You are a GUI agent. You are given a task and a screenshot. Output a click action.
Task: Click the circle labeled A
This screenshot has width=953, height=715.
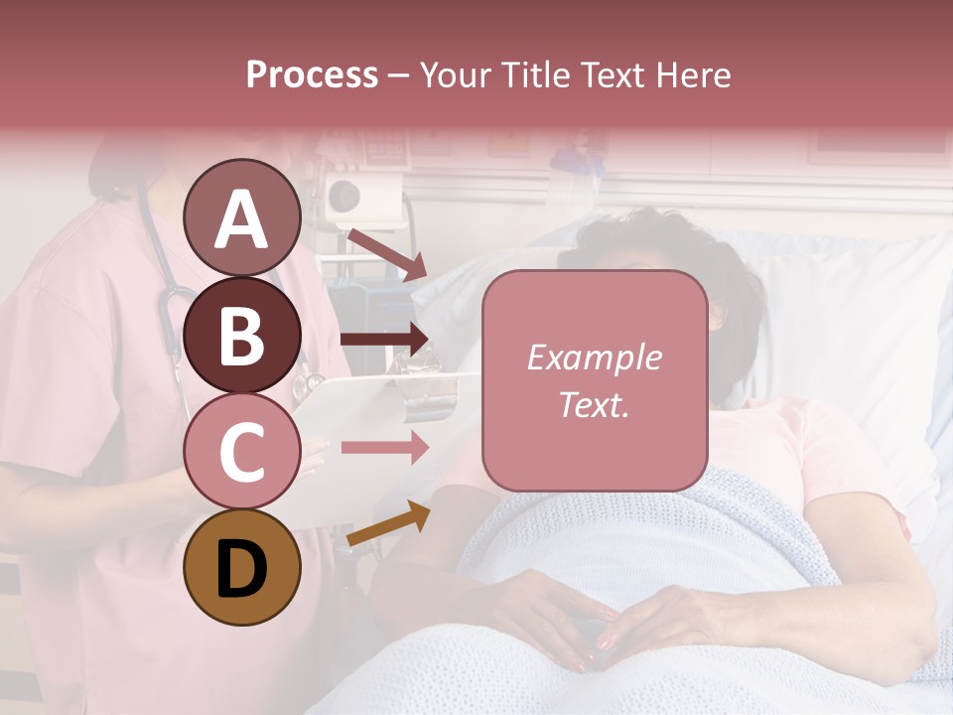click(242, 217)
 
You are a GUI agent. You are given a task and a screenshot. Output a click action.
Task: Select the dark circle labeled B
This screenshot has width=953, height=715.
click(242, 335)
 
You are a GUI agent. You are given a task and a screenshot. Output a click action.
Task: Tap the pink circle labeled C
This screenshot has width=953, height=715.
click(242, 452)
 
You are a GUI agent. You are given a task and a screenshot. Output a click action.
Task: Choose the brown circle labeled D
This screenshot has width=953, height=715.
click(242, 568)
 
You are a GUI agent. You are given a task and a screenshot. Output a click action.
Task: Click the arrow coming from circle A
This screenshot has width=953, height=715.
click(385, 253)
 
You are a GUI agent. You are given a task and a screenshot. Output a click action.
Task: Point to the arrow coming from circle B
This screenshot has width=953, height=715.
click(383, 340)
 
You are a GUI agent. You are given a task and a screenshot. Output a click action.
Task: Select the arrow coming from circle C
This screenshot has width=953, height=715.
click(383, 448)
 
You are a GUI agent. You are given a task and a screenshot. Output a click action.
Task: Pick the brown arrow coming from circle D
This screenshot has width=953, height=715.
click(387, 524)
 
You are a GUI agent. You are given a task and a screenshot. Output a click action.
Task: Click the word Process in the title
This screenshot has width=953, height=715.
click(312, 74)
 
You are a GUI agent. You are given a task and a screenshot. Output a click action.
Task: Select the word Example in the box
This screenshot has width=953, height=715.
click(594, 358)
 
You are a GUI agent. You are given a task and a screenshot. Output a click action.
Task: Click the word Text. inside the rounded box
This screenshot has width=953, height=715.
click(594, 404)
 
